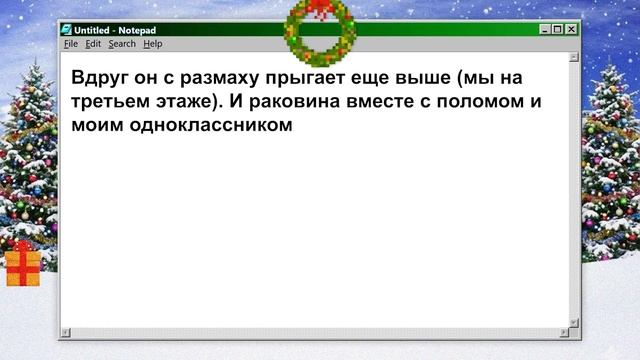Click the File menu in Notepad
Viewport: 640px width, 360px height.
click(70, 44)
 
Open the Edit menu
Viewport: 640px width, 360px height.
click(92, 44)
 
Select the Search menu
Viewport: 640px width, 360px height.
click(122, 44)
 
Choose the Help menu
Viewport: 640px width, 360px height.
click(152, 44)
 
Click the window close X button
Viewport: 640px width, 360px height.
click(571, 30)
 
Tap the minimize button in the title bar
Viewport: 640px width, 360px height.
click(543, 30)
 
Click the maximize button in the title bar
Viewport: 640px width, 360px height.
click(557, 30)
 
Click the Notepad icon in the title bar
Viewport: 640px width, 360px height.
click(66, 30)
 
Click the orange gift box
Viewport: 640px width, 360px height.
click(23, 265)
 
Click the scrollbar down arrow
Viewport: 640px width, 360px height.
click(574, 322)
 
